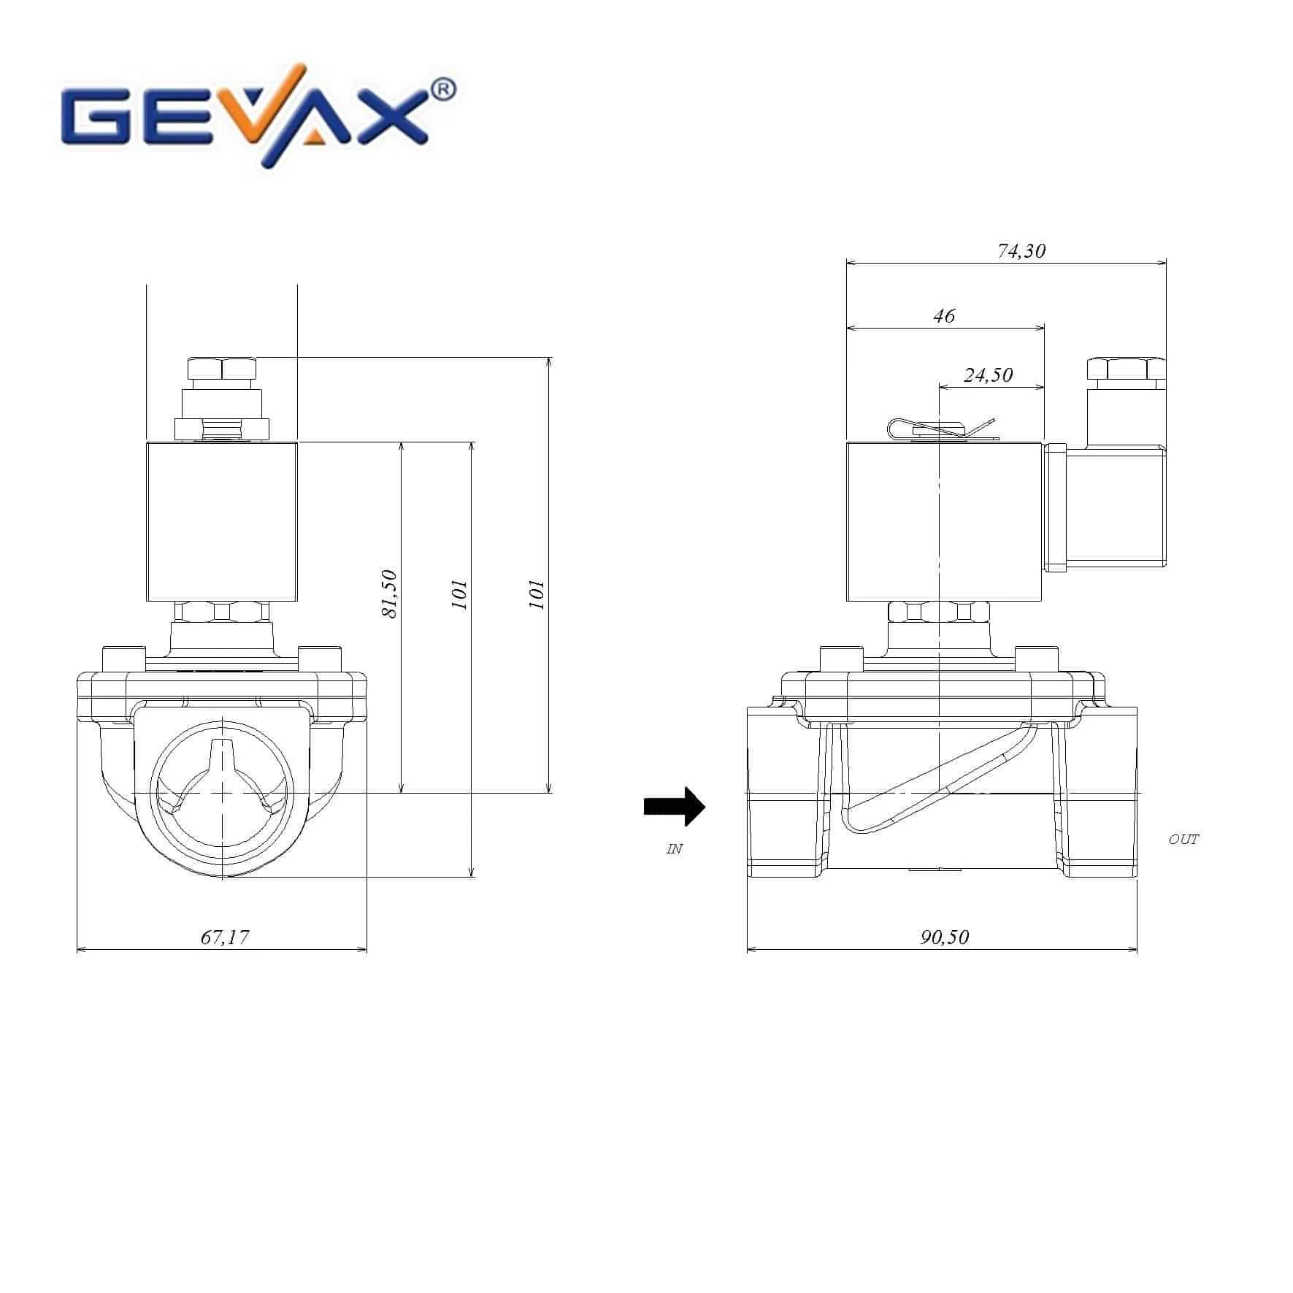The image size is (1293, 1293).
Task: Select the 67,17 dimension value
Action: pyautogui.click(x=225, y=937)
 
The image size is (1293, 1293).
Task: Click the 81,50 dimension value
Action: pyautogui.click(x=390, y=594)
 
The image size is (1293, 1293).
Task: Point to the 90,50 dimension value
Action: pyautogui.click(x=944, y=937)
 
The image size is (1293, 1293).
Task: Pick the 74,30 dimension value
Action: pyautogui.click(x=1021, y=251)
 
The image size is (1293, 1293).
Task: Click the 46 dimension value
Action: pyautogui.click(x=944, y=315)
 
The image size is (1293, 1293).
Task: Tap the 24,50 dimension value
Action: pyautogui.click(x=988, y=375)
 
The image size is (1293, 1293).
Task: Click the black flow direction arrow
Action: pyautogui.click(x=674, y=806)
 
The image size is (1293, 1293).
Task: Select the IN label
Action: pyautogui.click(x=674, y=849)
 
